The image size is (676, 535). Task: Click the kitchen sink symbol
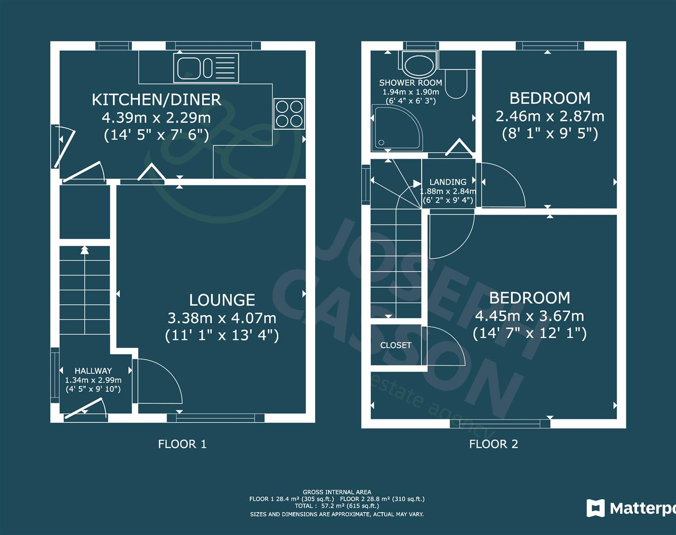(206, 68)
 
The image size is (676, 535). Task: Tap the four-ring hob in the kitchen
(289, 113)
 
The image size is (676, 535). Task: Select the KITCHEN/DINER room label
(156, 100)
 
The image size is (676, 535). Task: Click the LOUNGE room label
(222, 300)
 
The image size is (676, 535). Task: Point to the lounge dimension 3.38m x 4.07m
(222, 318)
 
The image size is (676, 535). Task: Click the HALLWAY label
(93, 371)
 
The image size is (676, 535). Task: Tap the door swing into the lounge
(159, 381)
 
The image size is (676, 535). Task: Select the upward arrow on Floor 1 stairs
(85, 250)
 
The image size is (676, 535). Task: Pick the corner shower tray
(397, 129)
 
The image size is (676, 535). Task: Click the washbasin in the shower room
(418, 64)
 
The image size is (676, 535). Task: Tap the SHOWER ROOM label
(410, 83)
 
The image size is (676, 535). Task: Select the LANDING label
(448, 182)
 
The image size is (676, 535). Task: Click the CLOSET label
(395, 345)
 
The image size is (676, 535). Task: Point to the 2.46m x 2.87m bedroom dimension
(550, 116)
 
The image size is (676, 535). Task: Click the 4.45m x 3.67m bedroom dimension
(529, 316)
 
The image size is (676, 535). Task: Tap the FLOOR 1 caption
(182, 444)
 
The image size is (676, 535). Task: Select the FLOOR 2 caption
(494, 444)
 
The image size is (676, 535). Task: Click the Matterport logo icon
(596, 508)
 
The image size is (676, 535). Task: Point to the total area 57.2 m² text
(337, 506)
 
